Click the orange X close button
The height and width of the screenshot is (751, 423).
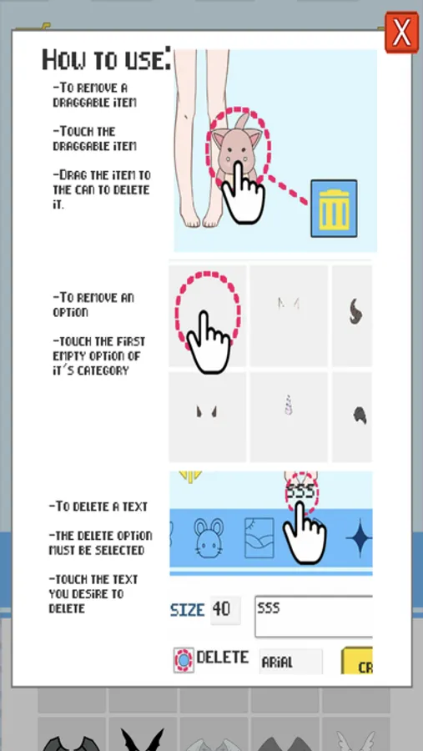401,32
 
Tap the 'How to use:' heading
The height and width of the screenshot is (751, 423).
106,60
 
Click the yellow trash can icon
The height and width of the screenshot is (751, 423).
334,209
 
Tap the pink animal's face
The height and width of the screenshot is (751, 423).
234,154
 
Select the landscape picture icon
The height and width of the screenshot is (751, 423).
259,537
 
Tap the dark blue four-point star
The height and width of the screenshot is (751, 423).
359,538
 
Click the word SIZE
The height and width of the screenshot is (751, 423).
188,610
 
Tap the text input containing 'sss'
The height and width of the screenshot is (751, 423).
314,617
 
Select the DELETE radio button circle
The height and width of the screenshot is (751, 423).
184,661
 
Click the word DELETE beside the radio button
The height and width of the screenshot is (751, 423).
223,658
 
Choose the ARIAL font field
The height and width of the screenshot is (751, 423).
291,662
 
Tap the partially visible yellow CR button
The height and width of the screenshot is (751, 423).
357,662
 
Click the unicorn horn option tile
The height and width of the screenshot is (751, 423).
289,417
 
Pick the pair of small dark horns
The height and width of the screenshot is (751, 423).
207,411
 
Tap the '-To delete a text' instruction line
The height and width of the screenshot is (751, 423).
98,507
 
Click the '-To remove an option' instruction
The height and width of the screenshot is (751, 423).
93,305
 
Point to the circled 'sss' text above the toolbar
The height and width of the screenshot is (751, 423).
301,491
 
